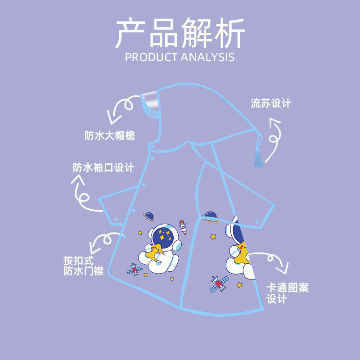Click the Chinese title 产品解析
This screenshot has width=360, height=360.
(180, 34)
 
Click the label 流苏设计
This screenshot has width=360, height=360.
(271, 103)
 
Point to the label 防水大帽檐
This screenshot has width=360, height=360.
(110, 135)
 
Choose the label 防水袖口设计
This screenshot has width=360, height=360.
(103, 168)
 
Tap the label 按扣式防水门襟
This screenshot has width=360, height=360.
(83, 266)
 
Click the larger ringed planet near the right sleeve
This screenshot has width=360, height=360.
(210, 216)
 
